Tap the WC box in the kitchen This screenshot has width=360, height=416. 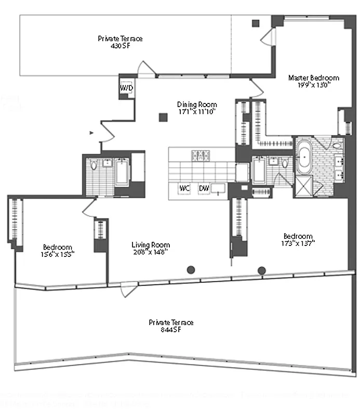coord(184,188)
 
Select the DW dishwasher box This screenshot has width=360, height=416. coord(203,188)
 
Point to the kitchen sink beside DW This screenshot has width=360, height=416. coord(219,188)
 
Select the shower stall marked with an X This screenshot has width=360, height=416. coord(303,186)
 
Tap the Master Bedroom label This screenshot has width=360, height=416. coord(314,77)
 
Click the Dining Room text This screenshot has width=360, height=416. coord(196,104)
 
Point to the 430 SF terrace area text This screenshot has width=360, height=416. coord(120,46)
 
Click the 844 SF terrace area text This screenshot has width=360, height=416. coord(171,330)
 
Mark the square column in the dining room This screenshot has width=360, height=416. coord(163,117)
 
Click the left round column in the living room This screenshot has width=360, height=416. coord(191,269)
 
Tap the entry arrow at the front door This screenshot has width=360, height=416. coord(92,133)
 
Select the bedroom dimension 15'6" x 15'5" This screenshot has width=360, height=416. coord(57,254)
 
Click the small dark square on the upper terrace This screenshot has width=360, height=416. coord(255,23)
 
